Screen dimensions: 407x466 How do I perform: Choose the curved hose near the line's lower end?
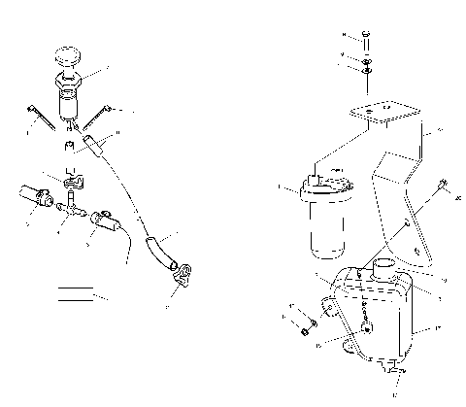pyautogui.click(x=155, y=250)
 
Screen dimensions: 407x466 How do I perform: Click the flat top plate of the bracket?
pyautogui.click(x=379, y=114)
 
